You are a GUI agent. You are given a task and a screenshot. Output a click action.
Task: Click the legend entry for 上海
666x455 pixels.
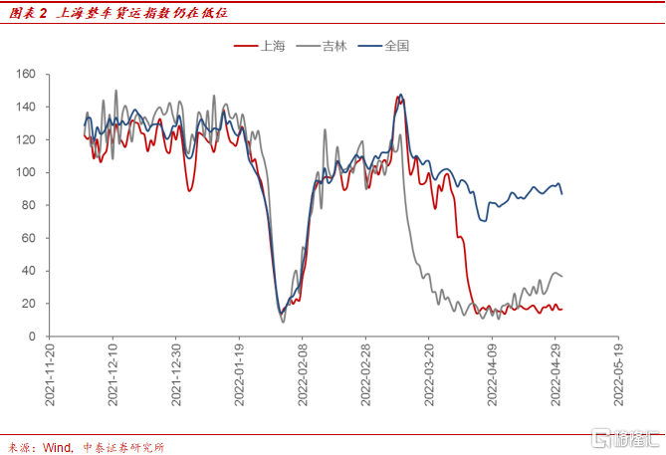point(266,46)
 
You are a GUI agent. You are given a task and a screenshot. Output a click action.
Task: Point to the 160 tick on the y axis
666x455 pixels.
point(26,74)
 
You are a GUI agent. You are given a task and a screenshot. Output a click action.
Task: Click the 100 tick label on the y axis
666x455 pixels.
point(26,172)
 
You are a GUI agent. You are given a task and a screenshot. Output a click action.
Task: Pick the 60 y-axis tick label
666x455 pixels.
point(29,238)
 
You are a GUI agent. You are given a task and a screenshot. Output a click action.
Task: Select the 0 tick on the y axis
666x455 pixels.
point(32,337)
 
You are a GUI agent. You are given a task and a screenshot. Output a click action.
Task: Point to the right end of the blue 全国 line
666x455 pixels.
point(562,194)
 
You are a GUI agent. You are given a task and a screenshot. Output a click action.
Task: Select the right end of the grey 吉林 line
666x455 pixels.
point(562,276)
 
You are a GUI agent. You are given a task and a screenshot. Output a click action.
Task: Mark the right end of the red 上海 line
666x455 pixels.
point(562,309)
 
